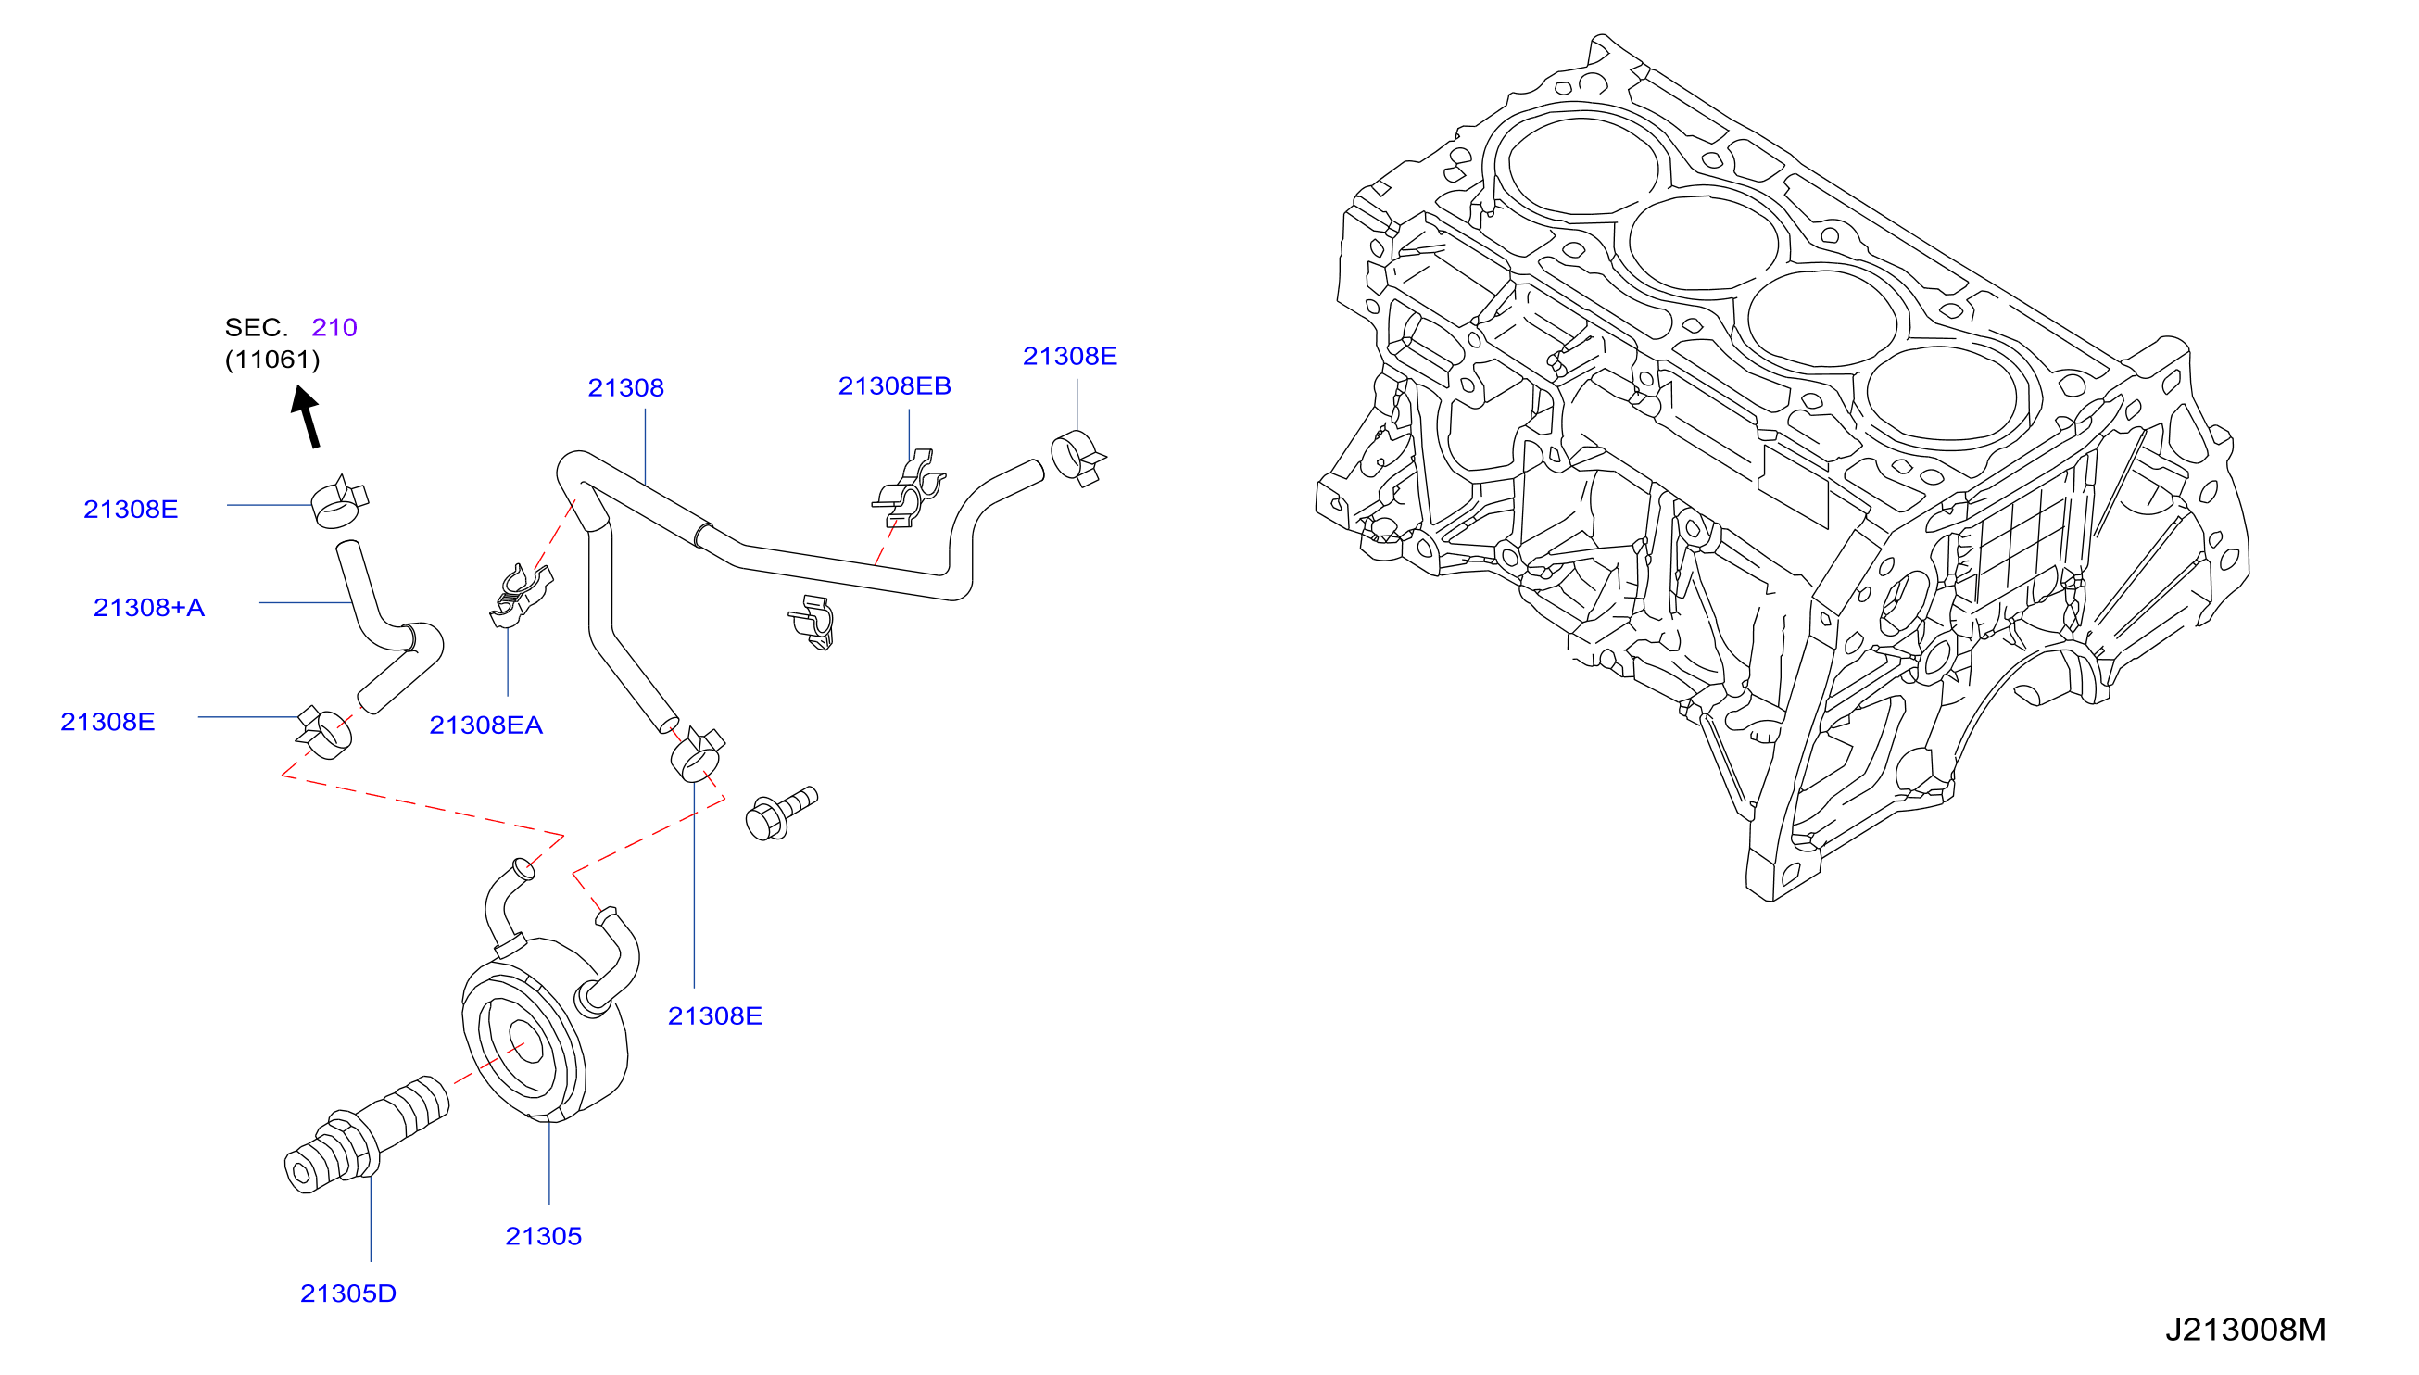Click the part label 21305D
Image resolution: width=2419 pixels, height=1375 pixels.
click(348, 1293)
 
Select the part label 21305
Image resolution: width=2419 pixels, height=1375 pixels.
click(544, 1236)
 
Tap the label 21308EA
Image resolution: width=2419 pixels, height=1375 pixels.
click(486, 725)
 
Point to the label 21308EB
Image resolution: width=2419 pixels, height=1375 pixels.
click(895, 385)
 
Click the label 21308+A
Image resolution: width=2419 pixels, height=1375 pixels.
click(149, 607)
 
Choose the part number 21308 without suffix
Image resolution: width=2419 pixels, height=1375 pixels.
click(626, 387)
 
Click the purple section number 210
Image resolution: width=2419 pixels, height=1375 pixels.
click(334, 327)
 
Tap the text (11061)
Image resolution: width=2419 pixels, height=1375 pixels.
click(273, 359)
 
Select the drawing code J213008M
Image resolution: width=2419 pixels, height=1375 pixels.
click(2245, 1330)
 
